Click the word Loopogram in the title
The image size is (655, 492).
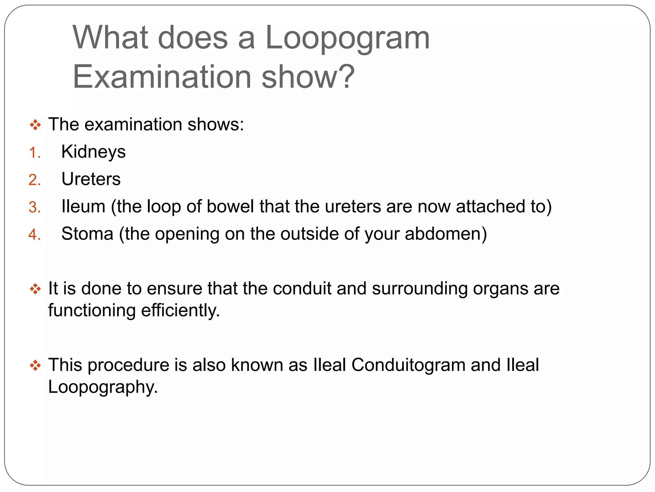[347, 38]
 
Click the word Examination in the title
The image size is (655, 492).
[162, 77]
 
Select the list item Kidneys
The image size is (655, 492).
[93, 152]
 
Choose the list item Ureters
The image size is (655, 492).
[91, 179]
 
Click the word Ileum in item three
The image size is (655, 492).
[83, 206]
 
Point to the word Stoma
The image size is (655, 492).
[87, 234]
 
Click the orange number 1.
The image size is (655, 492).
[33, 153]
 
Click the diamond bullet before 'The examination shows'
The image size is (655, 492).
[35, 125]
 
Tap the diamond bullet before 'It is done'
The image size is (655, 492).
[35, 289]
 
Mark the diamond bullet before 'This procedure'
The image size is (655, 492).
[35, 365]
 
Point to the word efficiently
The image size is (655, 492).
[180, 310]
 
